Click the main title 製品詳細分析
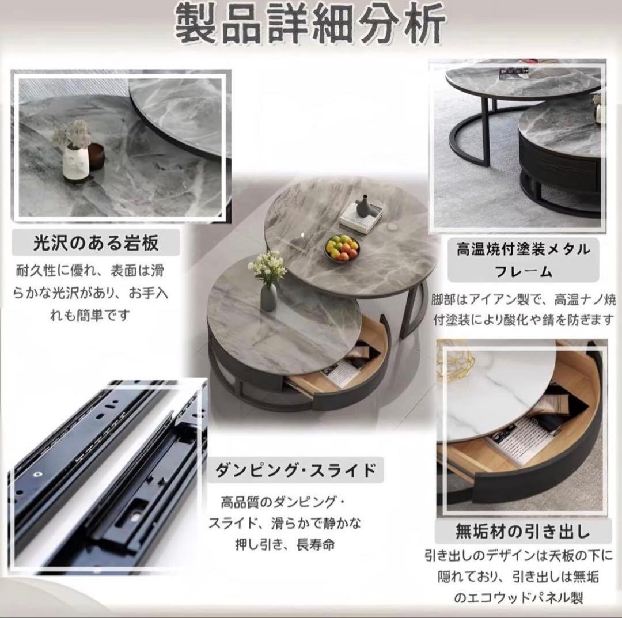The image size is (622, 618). (x=310, y=25)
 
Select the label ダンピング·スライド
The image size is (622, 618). (x=295, y=470)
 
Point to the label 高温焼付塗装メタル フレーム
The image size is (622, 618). (x=523, y=260)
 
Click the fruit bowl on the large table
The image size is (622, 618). (x=342, y=249)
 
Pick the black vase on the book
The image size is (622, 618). (x=362, y=206)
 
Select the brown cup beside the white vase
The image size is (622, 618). (x=96, y=156)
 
